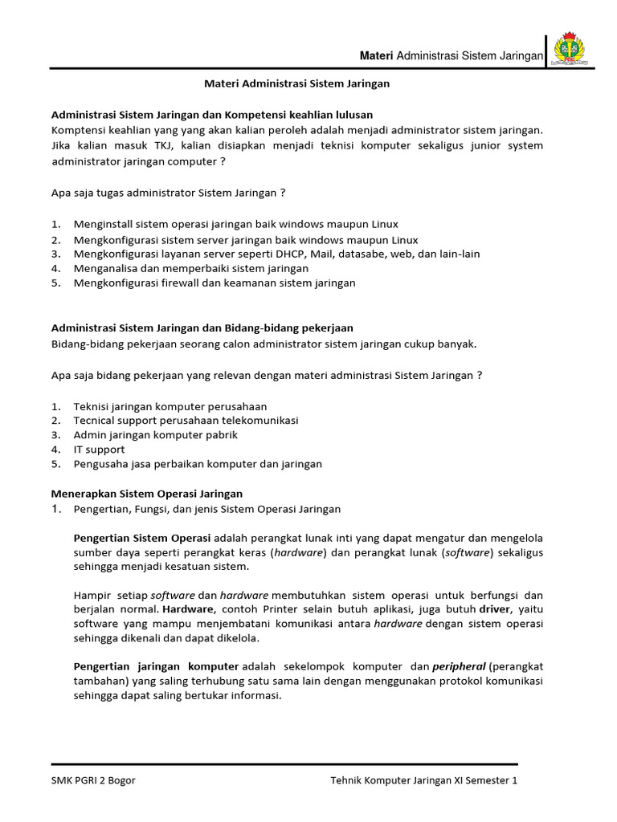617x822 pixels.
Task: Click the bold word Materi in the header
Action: click(x=375, y=55)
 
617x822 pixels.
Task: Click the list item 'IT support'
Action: click(x=100, y=450)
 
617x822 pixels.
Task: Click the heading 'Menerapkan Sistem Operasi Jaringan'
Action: click(x=147, y=494)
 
